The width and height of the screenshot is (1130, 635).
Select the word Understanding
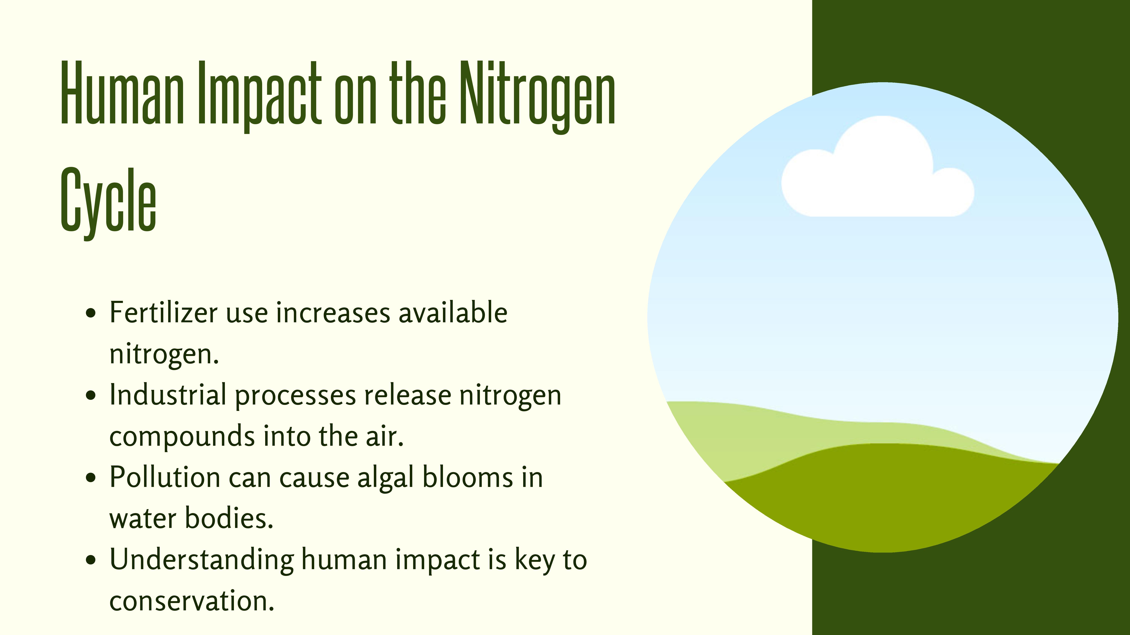pyautogui.click(x=202, y=560)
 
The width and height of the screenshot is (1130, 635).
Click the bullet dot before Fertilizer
pyautogui.click(x=91, y=314)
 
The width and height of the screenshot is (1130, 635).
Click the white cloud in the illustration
pyautogui.click(x=877, y=169)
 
